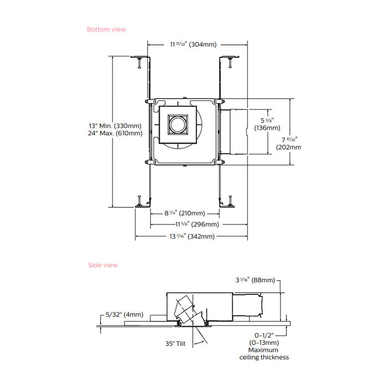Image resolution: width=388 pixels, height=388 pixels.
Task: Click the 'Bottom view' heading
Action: pyautogui.click(x=106, y=29)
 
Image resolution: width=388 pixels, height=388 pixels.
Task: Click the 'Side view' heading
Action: pyautogui.click(x=103, y=265)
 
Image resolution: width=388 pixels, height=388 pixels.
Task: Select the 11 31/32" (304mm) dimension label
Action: pyautogui.click(x=193, y=44)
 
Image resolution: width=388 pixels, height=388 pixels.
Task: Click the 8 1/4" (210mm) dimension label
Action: pyautogui.click(x=185, y=213)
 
